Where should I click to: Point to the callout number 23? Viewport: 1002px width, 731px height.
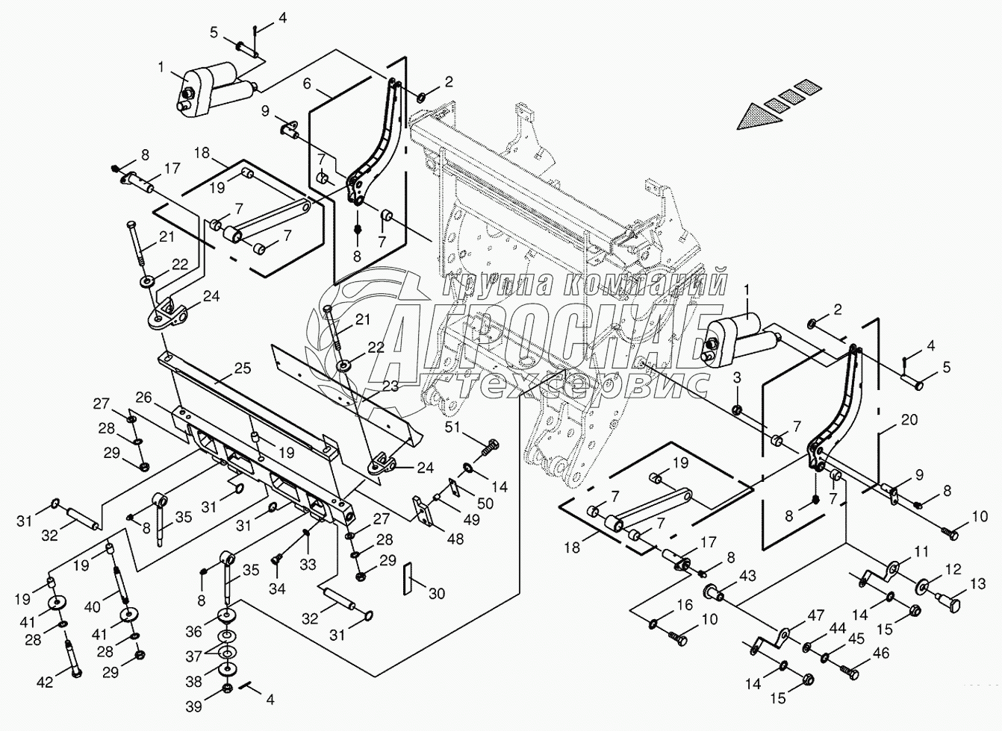[390, 386]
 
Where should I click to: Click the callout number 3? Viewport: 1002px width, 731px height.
[737, 377]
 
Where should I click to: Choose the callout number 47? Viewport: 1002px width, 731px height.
[815, 615]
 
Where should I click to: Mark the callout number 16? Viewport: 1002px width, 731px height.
[685, 605]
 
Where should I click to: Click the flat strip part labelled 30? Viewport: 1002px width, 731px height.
[407, 579]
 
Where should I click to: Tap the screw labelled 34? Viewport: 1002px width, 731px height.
[277, 559]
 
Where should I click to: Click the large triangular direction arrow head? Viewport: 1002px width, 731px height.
[759, 117]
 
